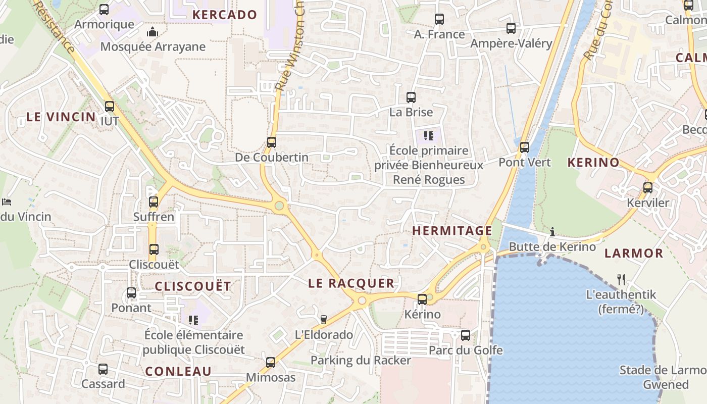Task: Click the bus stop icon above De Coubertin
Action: point(272,142)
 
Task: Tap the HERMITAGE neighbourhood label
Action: point(452,231)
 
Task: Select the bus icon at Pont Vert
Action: point(525,147)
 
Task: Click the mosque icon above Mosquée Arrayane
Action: point(153,32)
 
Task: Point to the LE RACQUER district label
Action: point(351,283)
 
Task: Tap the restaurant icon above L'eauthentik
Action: point(621,279)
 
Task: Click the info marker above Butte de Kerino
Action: point(552,232)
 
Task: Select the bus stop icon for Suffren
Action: point(154,202)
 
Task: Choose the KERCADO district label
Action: point(225,15)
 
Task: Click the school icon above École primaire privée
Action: point(429,135)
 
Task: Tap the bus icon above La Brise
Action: point(411,97)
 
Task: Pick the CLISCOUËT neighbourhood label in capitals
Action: point(193,286)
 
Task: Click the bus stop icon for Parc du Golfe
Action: point(466,335)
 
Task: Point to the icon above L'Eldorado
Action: point(324,319)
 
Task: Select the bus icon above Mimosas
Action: point(271,362)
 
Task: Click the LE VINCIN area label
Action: point(61,117)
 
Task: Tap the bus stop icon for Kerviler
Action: point(648,188)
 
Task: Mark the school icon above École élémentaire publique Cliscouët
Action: point(193,320)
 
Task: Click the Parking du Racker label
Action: point(361,360)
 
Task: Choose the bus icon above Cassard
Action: point(103,369)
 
